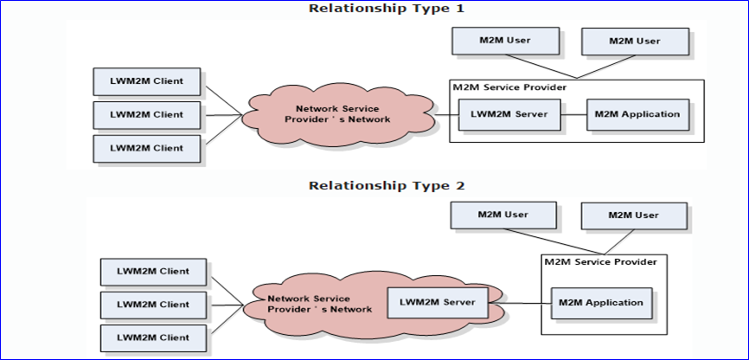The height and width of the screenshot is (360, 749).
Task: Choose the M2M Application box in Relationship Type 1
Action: [637, 114]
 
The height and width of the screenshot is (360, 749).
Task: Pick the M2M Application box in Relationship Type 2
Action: [601, 303]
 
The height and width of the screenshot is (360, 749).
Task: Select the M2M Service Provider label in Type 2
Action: [600, 261]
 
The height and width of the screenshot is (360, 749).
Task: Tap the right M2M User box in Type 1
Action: [635, 42]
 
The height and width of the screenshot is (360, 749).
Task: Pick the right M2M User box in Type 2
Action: [635, 215]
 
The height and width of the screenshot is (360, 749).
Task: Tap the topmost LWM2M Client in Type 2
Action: [154, 272]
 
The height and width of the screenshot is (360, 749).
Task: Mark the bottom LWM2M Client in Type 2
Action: [154, 336]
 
